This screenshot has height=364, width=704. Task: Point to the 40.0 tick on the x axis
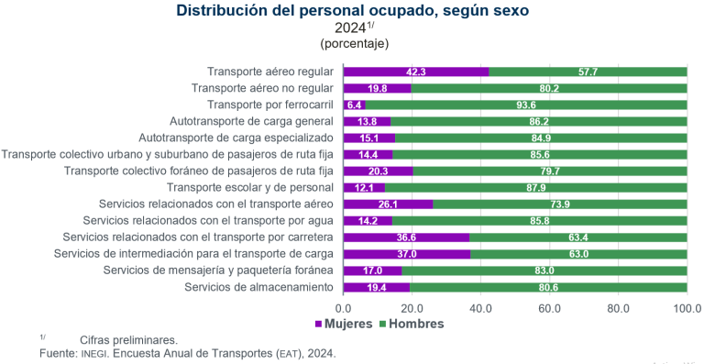coord(480,308)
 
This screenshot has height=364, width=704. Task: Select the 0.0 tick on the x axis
coord(344,308)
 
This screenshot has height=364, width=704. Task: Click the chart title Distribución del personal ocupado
coord(352,11)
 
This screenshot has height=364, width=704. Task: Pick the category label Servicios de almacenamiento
coord(258,287)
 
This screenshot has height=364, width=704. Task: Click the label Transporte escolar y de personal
coord(245,187)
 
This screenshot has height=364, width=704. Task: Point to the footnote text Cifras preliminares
coord(128,338)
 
